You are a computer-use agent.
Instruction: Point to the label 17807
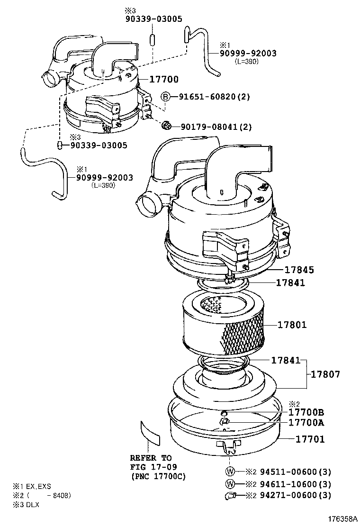click(325, 374)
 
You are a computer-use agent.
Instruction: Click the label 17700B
click(306, 412)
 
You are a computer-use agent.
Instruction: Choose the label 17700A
click(306, 422)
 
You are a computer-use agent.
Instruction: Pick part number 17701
click(310, 440)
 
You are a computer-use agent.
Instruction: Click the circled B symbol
click(165, 97)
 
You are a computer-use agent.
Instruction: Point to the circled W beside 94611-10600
click(230, 484)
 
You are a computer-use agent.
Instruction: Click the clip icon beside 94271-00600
click(230, 496)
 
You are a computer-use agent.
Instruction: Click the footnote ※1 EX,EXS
click(32, 487)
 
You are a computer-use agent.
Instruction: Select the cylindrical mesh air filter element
click(223, 325)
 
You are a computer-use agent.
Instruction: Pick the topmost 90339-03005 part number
click(153, 18)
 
